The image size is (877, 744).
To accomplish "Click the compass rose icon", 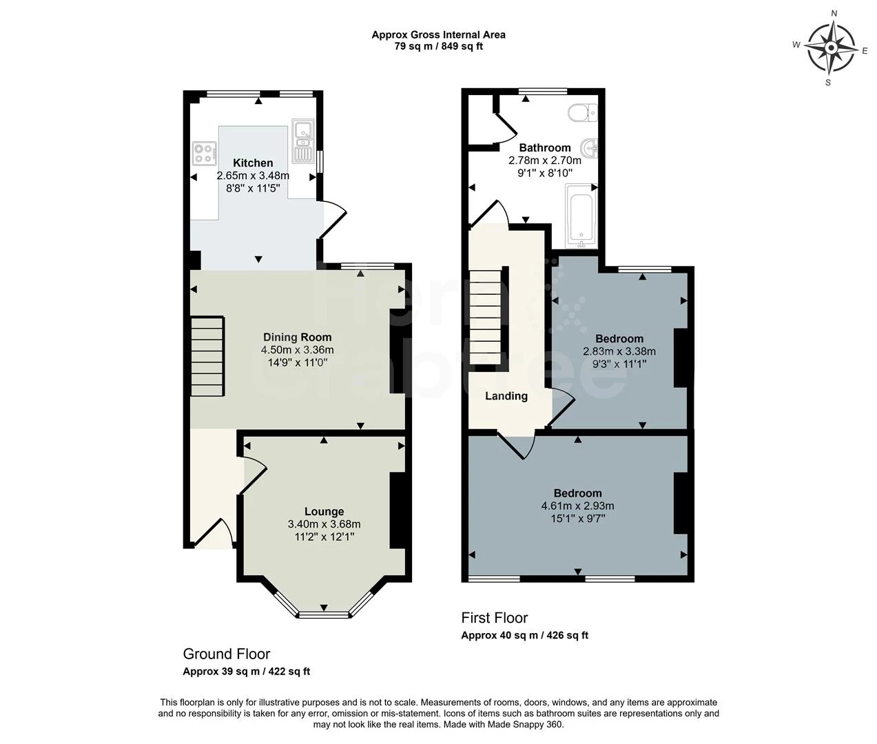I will pyautogui.click(x=830, y=48).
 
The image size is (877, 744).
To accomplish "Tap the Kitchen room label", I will pyautogui.click(x=253, y=163).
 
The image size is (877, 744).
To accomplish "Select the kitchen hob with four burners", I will pyautogui.click(x=204, y=153).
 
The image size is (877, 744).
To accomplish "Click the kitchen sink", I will pyautogui.click(x=302, y=141).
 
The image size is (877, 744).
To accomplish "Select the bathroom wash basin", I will pyautogui.click(x=590, y=147).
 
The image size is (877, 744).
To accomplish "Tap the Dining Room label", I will pyautogui.click(x=297, y=337).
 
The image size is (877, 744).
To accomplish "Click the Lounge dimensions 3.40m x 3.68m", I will pyautogui.click(x=324, y=524).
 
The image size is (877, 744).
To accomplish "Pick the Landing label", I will pyautogui.click(x=506, y=395).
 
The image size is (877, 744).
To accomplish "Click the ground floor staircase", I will pyautogui.click(x=207, y=356).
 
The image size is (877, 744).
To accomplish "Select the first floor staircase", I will pyautogui.click(x=486, y=318).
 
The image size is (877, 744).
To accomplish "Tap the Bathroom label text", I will pyautogui.click(x=544, y=147).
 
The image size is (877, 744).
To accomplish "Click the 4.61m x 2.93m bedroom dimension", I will pyautogui.click(x=577, y=506).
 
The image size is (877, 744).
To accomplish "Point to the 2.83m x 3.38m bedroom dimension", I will pyautogui.click(x=619, y=351).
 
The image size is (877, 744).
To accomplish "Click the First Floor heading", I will pyautogui.click(x=494, y=618).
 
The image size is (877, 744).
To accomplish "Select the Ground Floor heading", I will pyautogui.click(x=226, y=654).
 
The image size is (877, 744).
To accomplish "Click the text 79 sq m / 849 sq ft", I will pyautogui.click(x=438, y=46).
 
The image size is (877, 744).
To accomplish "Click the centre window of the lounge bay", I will pyautogui.click(x=324, y=612).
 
